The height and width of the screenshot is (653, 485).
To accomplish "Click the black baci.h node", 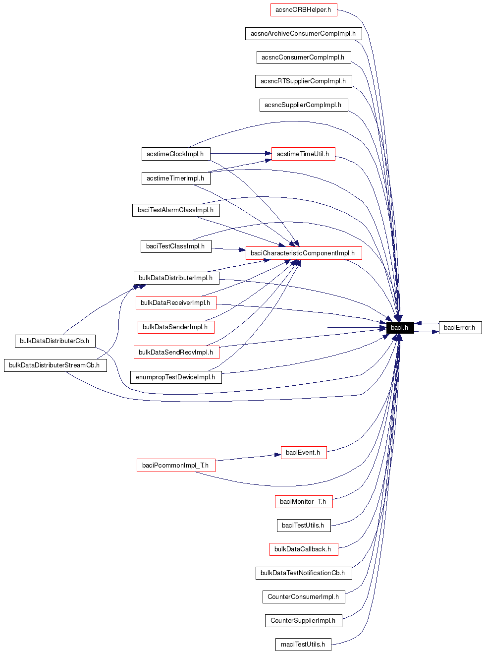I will (x=400, y=327).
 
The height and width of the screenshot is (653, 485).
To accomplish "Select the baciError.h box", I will (x=460, y=327).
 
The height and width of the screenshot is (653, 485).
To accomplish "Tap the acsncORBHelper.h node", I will (x=303, y=10).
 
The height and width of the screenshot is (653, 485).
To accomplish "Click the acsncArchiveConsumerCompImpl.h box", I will (x=303, y=34).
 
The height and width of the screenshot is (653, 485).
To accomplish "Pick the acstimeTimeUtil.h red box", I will (x=303, y=154).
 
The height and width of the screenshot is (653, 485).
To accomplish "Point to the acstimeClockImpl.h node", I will (x=175, y=154).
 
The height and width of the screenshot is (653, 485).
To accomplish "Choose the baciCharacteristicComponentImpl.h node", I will (x=303, y=253).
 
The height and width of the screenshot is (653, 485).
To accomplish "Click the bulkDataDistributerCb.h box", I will (x=54, y=341).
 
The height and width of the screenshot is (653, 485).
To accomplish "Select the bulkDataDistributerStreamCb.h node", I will (x=55, y=365).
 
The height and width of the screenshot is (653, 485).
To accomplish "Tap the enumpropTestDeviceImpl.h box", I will (x=175, y=377).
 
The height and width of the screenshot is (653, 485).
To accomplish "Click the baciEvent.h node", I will (x=303, y=453).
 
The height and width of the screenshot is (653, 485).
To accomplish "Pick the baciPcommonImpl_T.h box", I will (x=175, y=466).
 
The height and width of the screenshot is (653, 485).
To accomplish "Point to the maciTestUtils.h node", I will (x=303, y=645).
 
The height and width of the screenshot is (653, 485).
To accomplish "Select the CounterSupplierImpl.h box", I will (x=303, y=621).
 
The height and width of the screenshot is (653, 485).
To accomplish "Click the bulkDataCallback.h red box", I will (x=303, y=549).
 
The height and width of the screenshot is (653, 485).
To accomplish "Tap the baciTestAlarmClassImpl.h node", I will (x=175, y=210).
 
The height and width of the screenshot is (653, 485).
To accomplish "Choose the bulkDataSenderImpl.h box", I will (x=175, y=327).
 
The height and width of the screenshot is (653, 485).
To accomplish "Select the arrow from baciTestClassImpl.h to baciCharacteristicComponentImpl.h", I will (x=228, y=249).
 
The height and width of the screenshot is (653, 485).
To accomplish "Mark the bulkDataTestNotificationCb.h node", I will (x=303, y=573).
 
